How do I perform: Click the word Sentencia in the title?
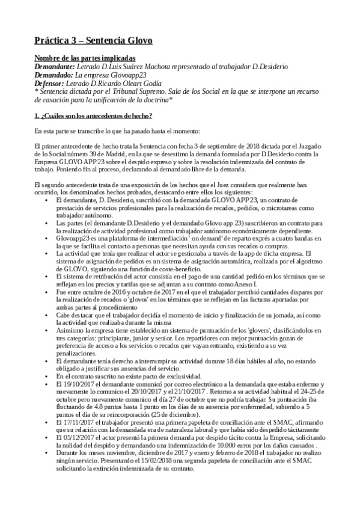click(109, 40)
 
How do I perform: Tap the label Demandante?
click(55, 66)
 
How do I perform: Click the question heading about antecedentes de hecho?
click(93, 115)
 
